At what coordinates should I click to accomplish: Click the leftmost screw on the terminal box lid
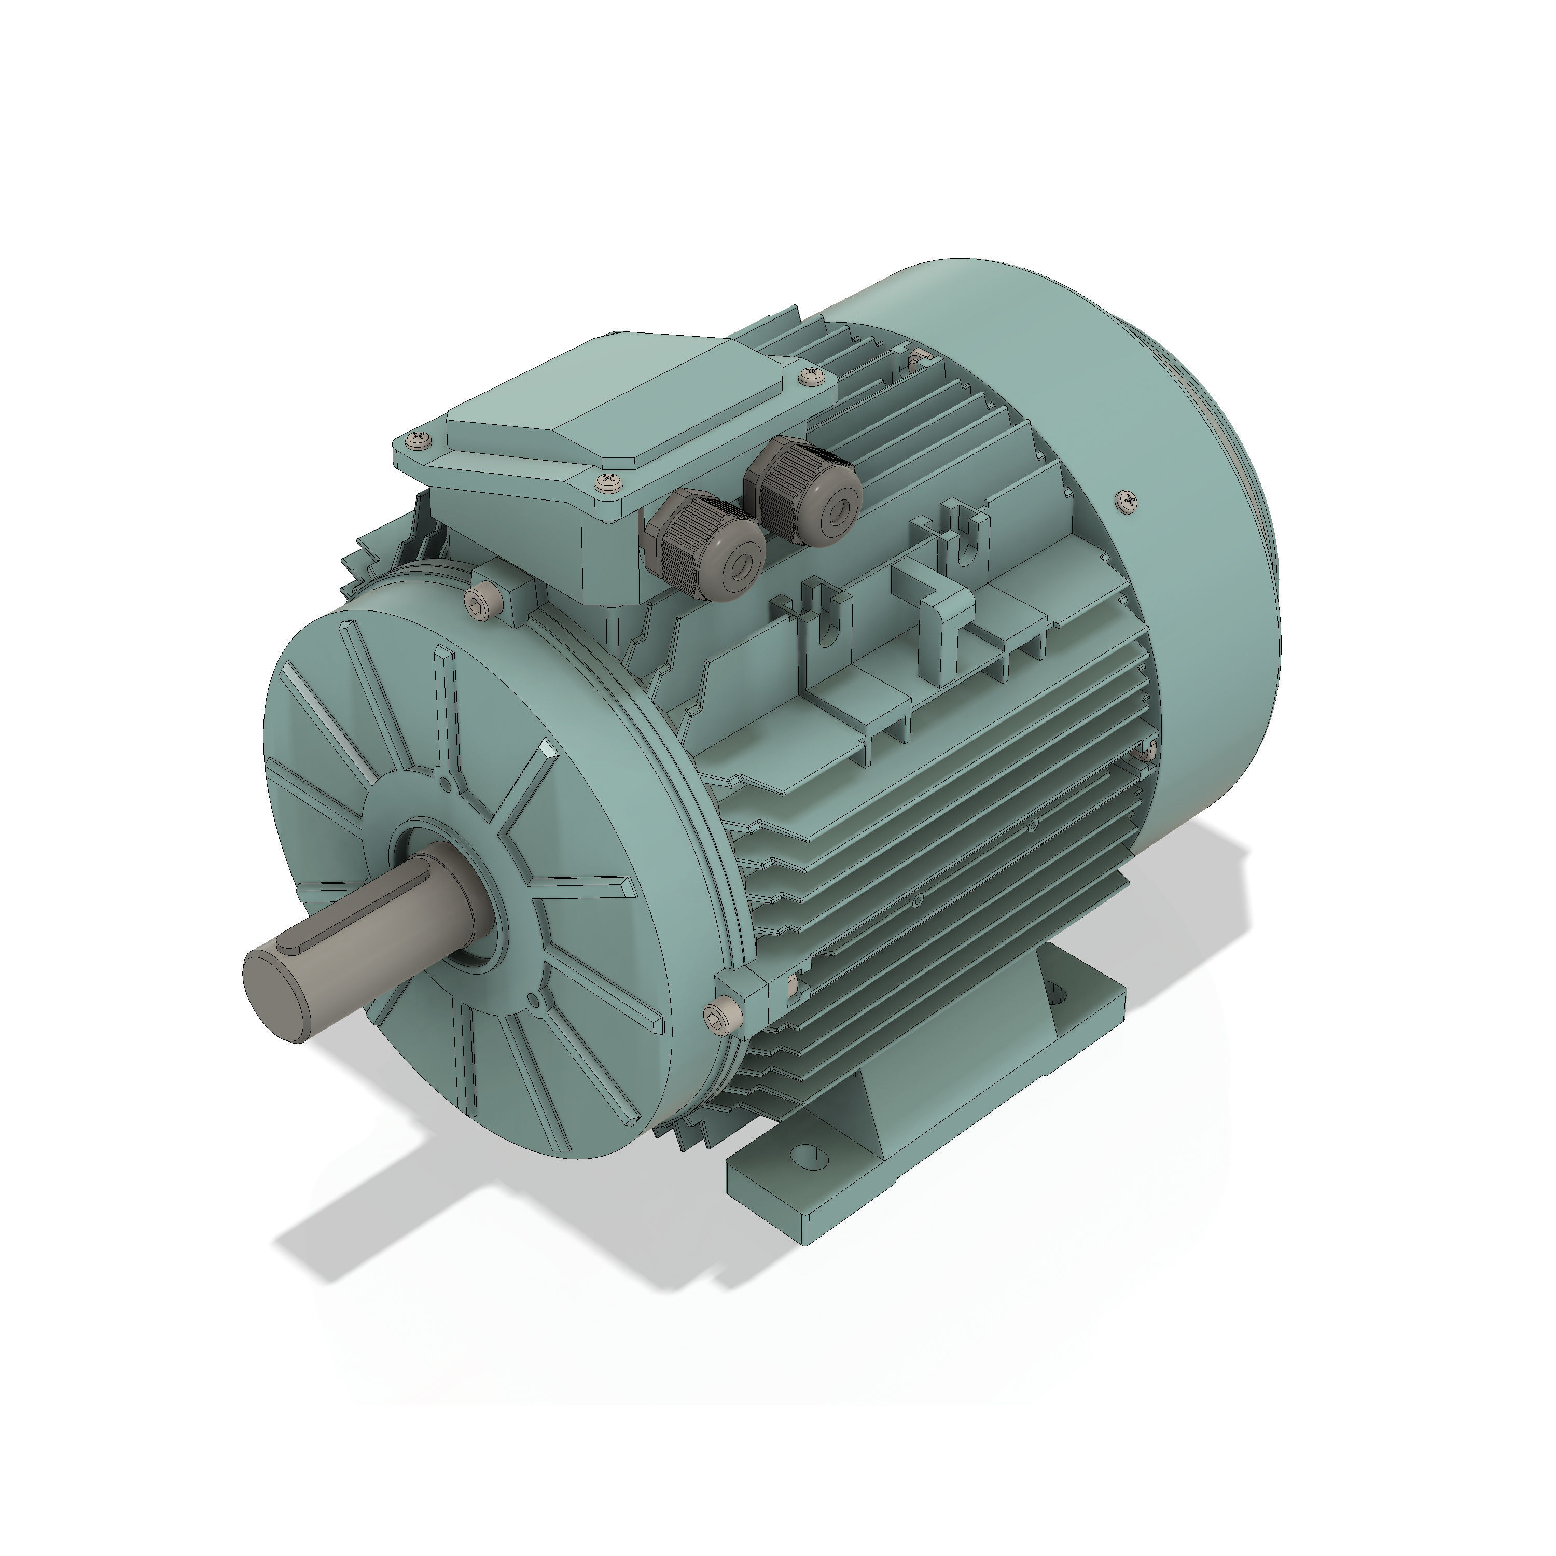click(x=418, y=440)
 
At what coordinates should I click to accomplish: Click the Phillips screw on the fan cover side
click(x=1129, y=502)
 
